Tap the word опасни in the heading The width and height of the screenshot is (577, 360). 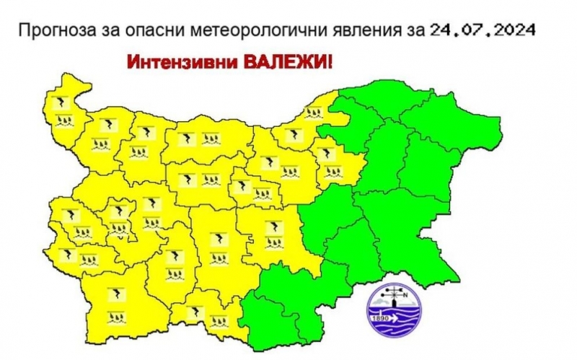pyautogui.click(x=136, y=32)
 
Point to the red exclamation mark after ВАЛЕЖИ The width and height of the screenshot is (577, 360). pyautogui.click(x=331, y=62)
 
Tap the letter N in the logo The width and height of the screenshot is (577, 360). pyautogui.click(x=405, y=294)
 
